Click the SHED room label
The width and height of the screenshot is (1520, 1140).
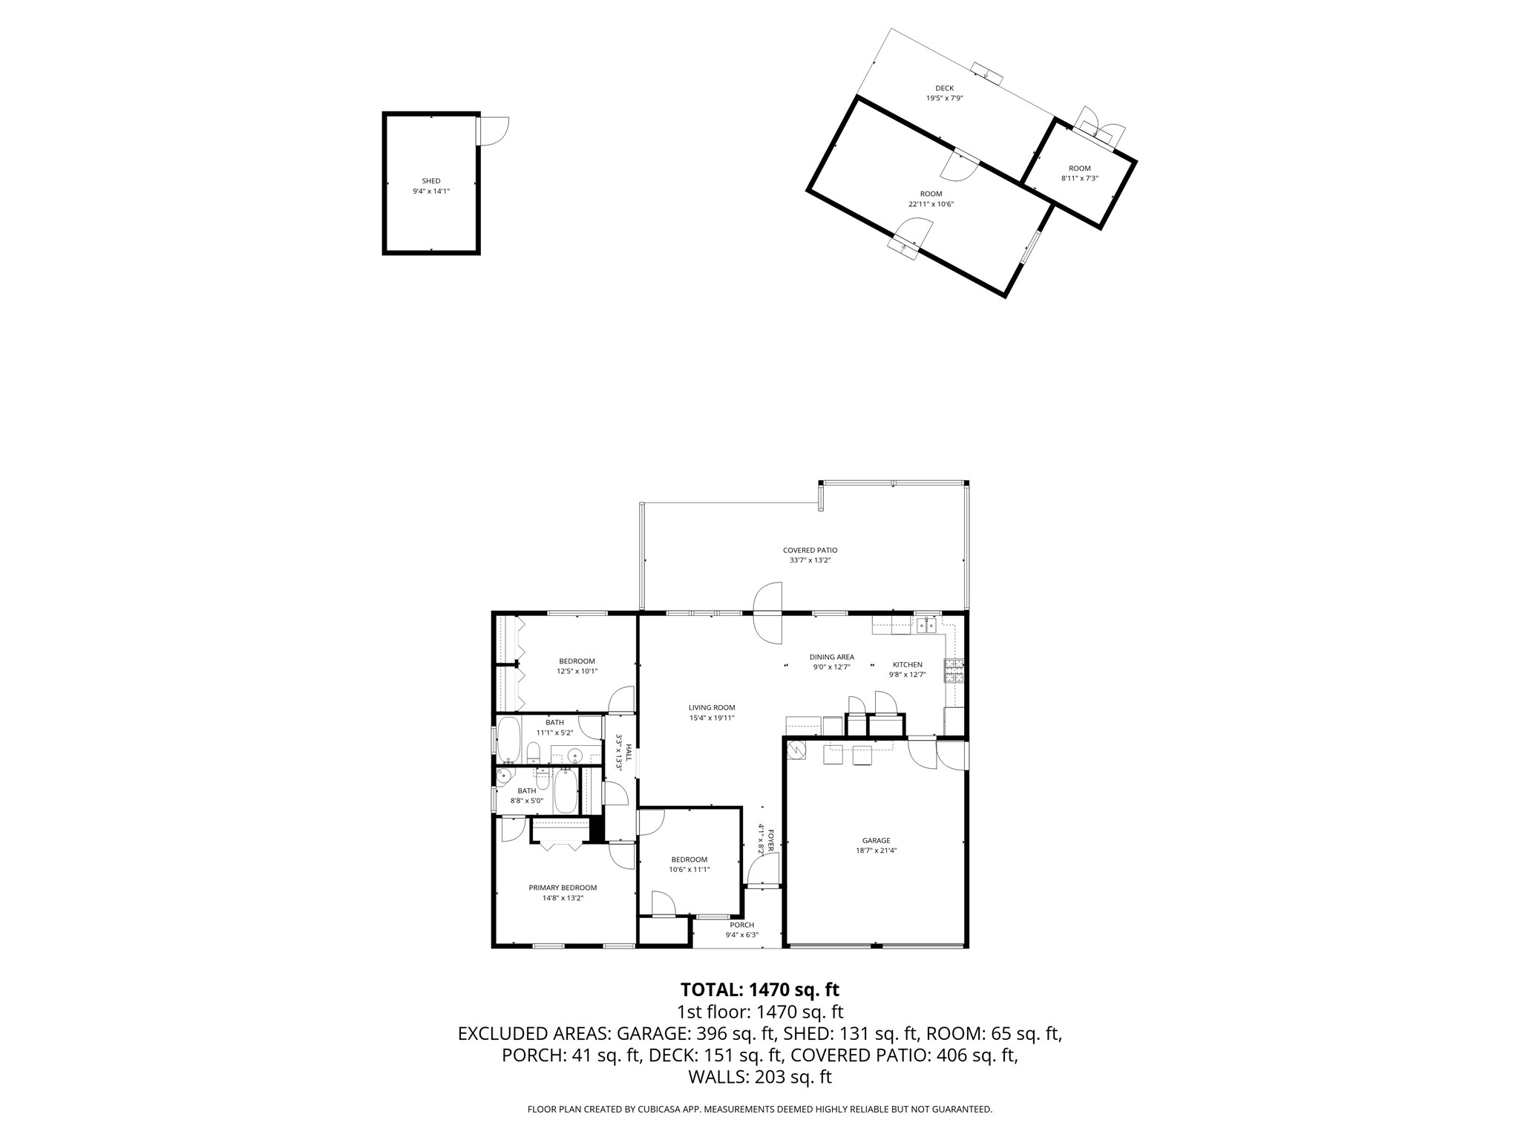(431, 181)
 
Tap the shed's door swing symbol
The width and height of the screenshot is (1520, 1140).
(492, 131)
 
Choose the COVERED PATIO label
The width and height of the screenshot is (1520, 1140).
(810, 551)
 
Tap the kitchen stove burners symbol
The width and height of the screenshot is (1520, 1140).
(954, 671)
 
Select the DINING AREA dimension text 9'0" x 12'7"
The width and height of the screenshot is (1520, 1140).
(831, 666)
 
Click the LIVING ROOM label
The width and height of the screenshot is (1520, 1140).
(712, 708)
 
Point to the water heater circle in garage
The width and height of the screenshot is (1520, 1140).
(796, 751)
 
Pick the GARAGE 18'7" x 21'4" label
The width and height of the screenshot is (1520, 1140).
(876, 841)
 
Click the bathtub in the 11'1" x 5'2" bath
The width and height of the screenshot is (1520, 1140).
(509, 739)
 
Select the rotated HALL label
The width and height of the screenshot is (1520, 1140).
(628, 753)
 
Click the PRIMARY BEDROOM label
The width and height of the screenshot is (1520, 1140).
(563, 888)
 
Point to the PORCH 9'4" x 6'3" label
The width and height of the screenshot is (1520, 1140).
(741, 925)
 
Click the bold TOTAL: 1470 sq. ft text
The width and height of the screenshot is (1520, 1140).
(759, 989)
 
